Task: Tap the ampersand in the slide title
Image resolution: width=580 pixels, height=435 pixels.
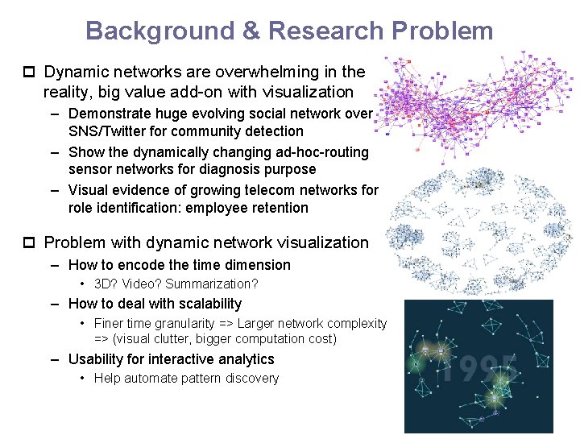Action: [251, 31]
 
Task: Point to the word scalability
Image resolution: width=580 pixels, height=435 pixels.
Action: [206, 304]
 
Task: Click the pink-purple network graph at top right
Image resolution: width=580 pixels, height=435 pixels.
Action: [475, 101]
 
